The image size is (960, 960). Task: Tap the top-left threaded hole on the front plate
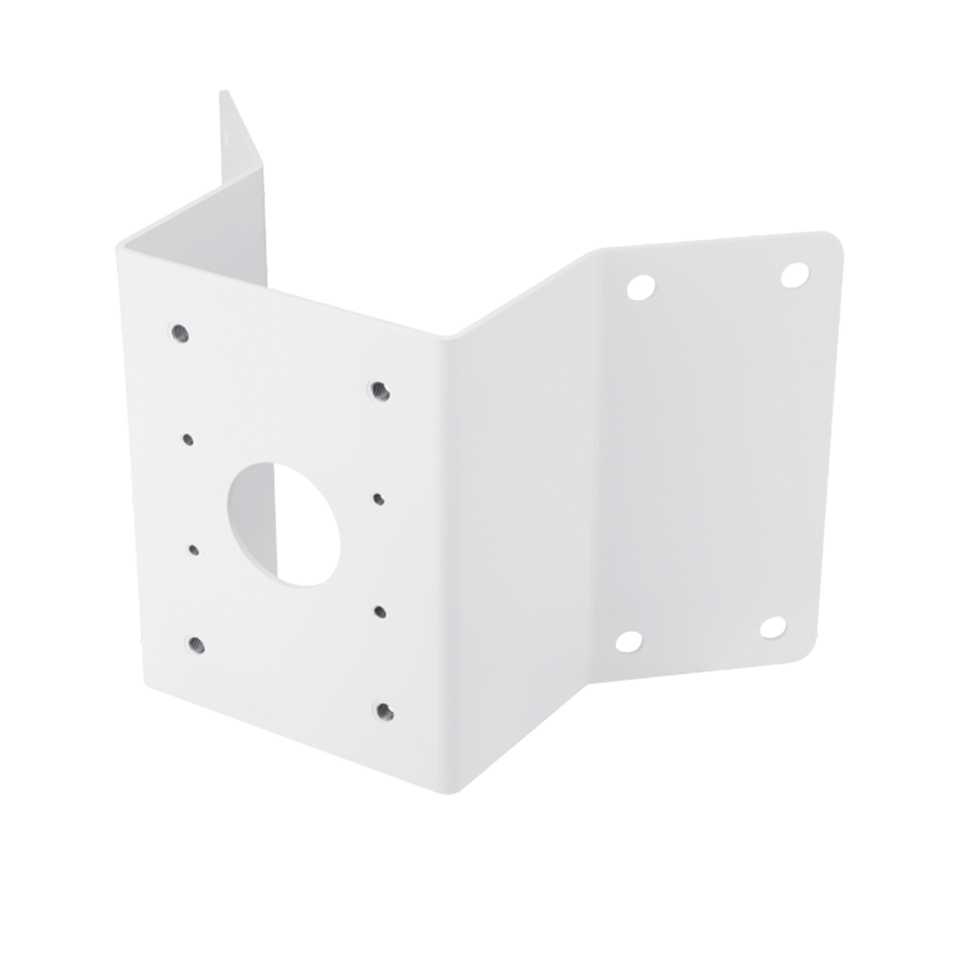click(179, 333)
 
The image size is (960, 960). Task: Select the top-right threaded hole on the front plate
click(380, 390)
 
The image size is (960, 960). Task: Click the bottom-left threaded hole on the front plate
click(196, 644)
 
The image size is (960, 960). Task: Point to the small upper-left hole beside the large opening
click(188, 439)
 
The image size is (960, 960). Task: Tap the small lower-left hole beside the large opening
click(194, 549)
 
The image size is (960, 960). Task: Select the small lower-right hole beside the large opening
click(379, 611)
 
